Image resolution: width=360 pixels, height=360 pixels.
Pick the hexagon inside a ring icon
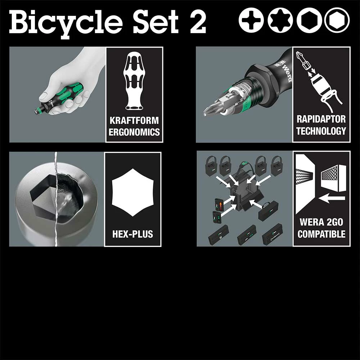click(x=337, y=20)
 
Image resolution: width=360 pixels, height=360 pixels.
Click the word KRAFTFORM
click(x=134, y=120)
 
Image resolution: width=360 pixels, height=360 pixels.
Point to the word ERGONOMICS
click(x=134, y=132)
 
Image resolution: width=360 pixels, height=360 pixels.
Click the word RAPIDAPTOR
click(x=321, y=120)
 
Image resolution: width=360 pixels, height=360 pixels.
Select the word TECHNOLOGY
click(x=321, y=131)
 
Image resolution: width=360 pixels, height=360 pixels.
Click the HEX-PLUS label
click(x=132, y=234)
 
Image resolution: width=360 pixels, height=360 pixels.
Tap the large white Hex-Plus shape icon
click(x=132, y=192)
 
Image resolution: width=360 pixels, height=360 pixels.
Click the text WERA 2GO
click(x=321, y=222)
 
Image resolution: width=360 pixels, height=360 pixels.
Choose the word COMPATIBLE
click(x=321, y=234)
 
